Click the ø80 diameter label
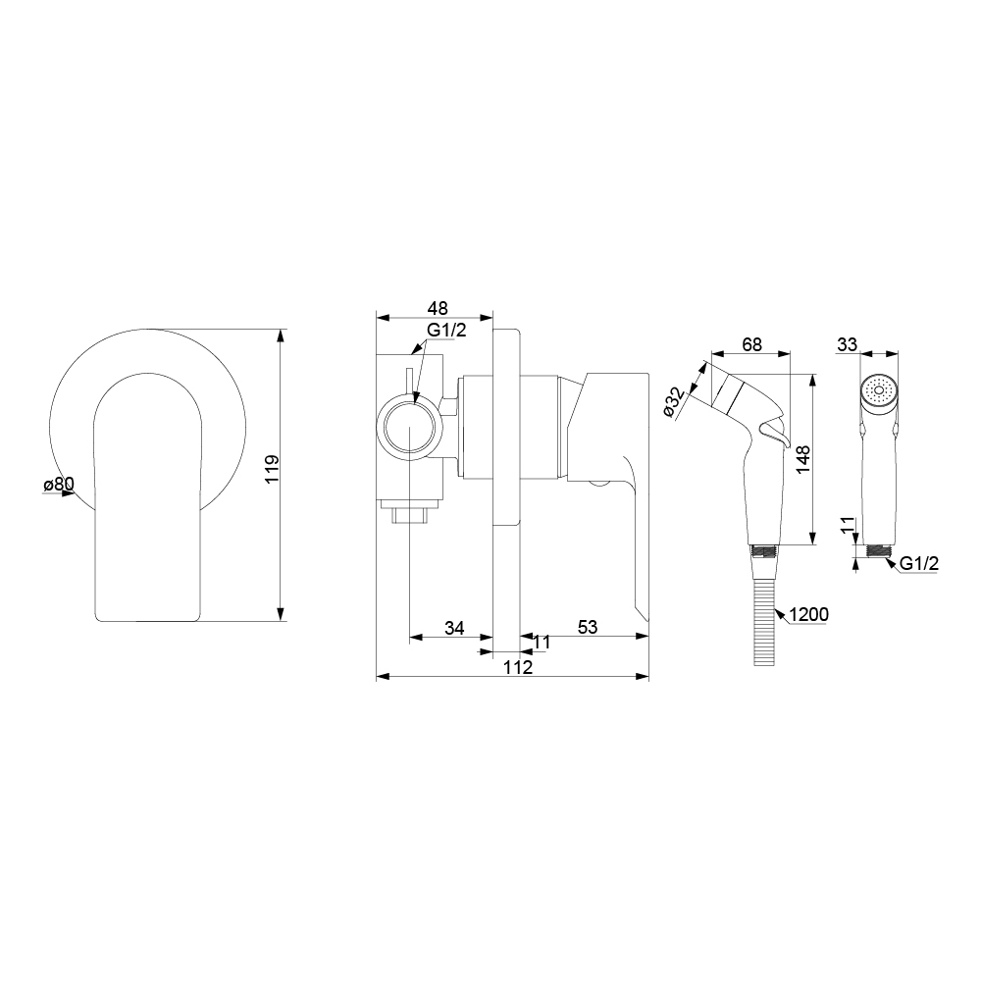pos(59,484)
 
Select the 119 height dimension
pos(272,469)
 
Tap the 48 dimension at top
pos(438,308)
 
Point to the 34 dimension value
pos(454,628)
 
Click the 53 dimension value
pos(587,627)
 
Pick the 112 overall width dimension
pos(518,667)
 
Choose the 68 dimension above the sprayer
pos(751,344)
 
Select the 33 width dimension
pos(848,344)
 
